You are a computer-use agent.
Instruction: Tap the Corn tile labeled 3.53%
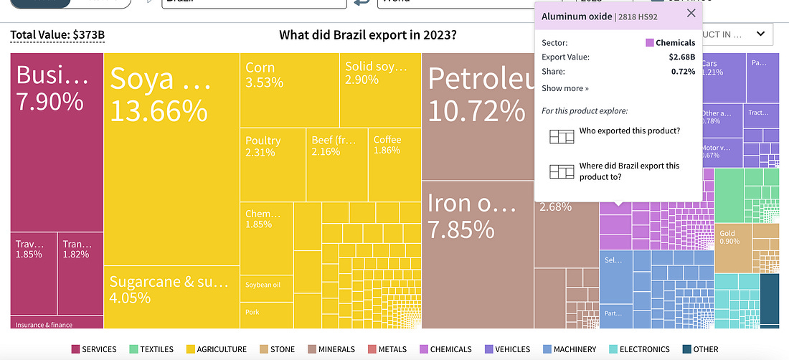click(x=289, y=90)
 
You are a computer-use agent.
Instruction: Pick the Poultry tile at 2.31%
click(x=273, y=165)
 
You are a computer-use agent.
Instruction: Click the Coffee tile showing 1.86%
click(x=394, y=165)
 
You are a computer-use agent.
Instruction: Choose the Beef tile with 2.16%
click(x=336, y=165)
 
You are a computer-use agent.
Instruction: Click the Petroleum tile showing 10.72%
click(x=477, y=115)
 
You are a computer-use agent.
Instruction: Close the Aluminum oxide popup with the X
click(x=691, y=14)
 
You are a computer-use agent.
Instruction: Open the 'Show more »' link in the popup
click(x=565, y=89)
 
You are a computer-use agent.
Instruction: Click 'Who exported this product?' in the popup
click(x=629, y=131)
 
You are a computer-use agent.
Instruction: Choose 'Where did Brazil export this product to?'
click(x=629, y=171)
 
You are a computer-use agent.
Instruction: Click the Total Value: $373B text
click(x=57, y=34)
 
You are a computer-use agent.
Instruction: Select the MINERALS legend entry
click(x=331, y=349)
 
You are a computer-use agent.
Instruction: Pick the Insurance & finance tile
click(x=44, y=324)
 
